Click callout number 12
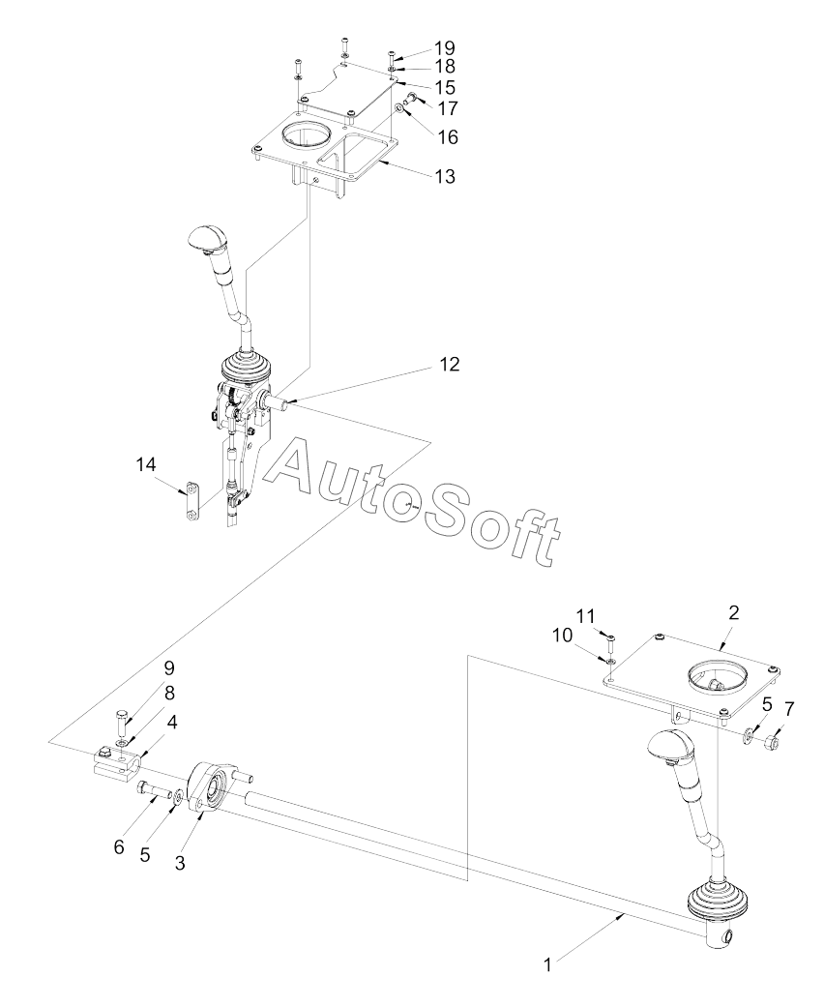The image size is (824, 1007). (x=450, y=364)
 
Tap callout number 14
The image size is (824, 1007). (x=146, y=464)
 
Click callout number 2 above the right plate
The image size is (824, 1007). (x=733, y=612)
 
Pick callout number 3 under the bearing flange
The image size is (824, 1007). (x=180, y=863)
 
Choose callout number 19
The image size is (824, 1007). (x=445, y=48)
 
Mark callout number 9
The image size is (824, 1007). (x=169, y=667)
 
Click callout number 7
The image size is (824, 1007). (x=789, y=709)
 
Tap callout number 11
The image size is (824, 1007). (x=586, y=616)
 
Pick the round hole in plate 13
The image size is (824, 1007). (x=306, y=136)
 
